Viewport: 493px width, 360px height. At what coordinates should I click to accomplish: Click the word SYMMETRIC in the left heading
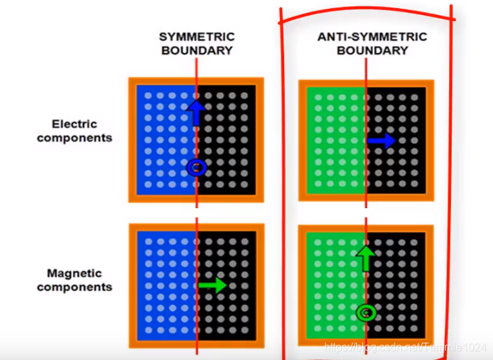click(196, 36)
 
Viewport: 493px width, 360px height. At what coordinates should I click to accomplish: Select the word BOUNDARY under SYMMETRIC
click(196, 50)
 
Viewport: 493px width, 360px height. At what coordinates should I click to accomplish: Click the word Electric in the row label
click(75, 124)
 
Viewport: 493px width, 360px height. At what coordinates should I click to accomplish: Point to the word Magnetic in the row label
click(74, 273)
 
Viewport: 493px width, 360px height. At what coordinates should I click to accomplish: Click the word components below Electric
click(75, 138)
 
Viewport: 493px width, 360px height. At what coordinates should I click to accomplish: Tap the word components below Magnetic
click(74, 287)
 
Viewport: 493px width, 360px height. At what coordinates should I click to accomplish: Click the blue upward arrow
click(195, 111)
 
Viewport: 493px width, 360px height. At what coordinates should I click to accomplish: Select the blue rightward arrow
click(381, 140)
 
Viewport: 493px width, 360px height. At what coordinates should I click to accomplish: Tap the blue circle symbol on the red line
click(197, 167)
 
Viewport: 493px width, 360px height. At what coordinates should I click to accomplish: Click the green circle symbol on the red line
click(366, 313)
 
